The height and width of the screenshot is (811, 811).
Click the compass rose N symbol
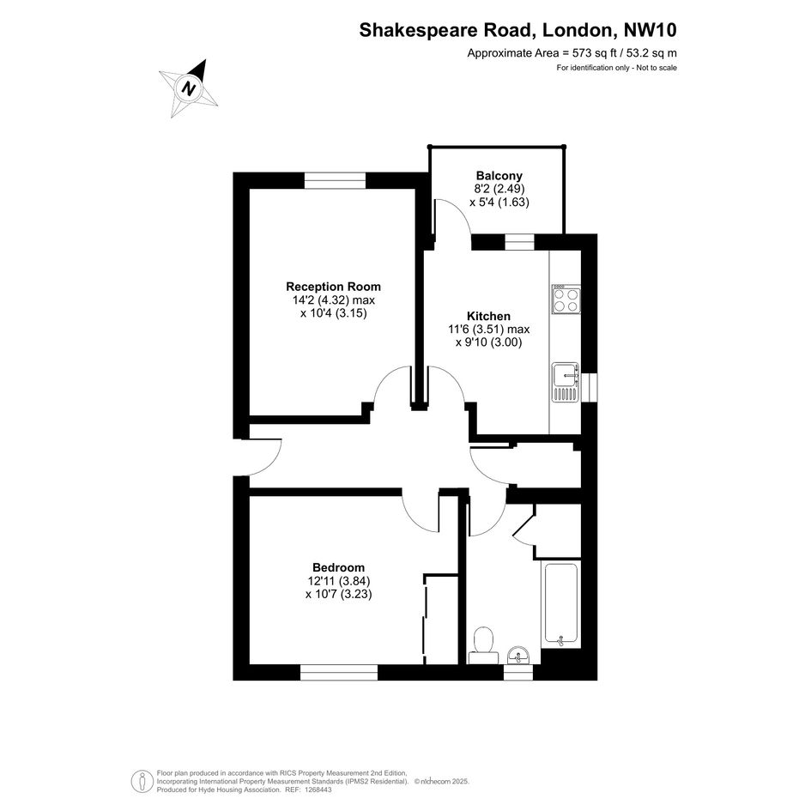point(188,88)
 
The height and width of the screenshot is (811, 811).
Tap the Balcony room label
point(499,175)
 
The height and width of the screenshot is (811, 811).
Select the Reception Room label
point(333,287)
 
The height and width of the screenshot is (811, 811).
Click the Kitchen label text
point(488,316)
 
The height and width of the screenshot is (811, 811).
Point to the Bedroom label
point(338,568)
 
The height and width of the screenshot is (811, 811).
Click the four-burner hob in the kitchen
point(566,299)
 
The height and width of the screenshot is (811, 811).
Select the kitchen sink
point(566,382)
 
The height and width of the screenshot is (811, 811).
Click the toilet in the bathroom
point(484,645)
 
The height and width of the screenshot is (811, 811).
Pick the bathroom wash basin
point(517,655)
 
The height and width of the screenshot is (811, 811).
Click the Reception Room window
point(335,180)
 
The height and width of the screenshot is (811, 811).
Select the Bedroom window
point(339,672)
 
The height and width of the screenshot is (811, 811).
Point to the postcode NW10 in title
point(651,30)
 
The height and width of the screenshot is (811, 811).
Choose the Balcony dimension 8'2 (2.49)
point(499,189)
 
